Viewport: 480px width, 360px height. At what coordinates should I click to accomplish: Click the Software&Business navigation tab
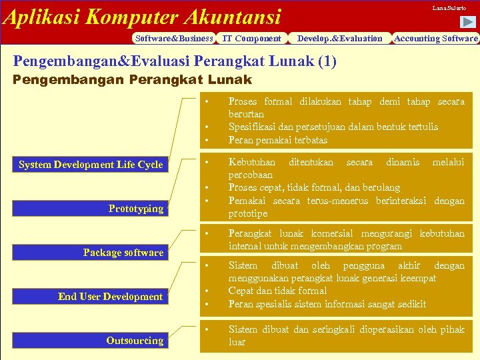click(173, 38)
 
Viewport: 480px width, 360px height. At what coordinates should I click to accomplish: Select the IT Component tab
click(251, 38)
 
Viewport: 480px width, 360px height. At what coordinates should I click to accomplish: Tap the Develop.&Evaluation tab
click(340, 38)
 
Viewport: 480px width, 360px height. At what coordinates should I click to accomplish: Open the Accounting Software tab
click(436, 38)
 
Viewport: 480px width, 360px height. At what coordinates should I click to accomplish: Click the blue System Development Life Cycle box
click(91, 165)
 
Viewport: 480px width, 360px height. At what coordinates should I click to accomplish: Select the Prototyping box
click(136, 209)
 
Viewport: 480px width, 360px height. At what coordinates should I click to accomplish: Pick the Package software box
click(123, 253)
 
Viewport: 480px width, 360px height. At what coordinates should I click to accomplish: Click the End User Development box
click(110, 297)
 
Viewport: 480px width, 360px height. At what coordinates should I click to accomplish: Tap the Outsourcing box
click(135, 341)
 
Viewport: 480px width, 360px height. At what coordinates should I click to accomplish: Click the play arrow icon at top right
click(469, 22)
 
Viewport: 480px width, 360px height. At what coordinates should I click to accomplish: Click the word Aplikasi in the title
click(41, 16)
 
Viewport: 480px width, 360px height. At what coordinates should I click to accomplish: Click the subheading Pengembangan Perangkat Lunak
click(133, 80)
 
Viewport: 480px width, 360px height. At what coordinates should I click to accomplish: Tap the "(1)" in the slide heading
click(327, 62)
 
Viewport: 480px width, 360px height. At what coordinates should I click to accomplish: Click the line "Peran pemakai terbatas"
click(278, 140)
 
